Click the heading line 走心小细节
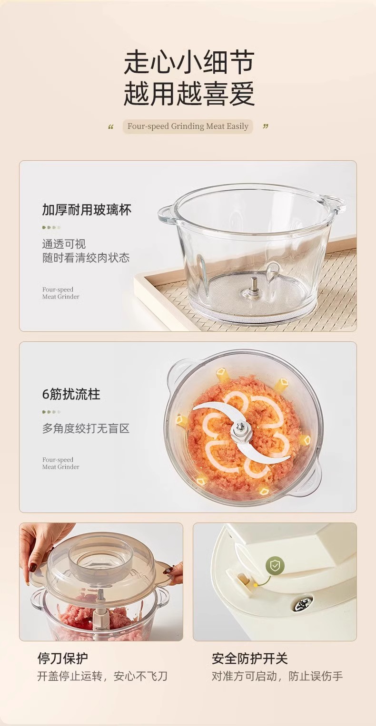[189, 62]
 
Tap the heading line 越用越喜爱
[189, 93]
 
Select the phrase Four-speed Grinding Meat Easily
[188, 126]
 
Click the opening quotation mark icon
[110, 127]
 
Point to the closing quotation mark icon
[266, 126]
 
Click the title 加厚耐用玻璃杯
[87, 210]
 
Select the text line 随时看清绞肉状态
[86, 258]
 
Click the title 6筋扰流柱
[71, 394]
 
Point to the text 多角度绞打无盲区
[86, 428]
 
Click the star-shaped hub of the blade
[240, 430]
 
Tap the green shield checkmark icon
[275, 566]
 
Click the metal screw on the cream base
[302, 603]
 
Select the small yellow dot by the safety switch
[256, 585]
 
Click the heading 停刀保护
[62, 658]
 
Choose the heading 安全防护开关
[249, 658]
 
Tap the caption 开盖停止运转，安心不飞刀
[102, 676]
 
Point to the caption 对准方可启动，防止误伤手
[277, 676]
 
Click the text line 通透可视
[64, 244]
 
